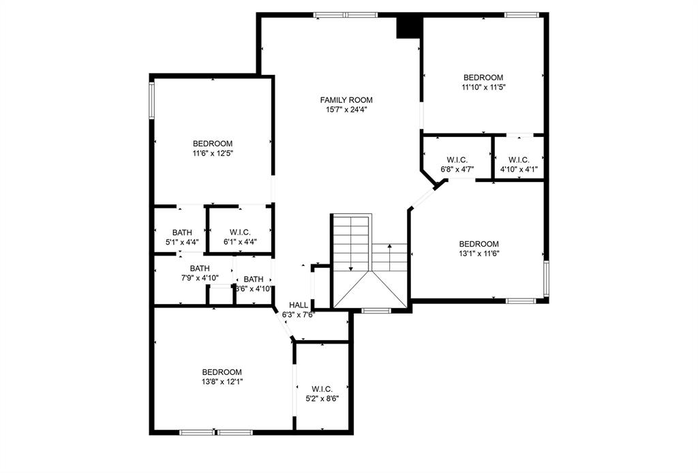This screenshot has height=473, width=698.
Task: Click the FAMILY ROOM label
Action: (x=346, y=100)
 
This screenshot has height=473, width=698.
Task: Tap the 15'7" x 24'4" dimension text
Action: (x=346, y=110)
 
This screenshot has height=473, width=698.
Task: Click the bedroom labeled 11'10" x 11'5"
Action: (x=483, y=82)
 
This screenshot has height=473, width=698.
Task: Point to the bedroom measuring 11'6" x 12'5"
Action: (x=212, y=149)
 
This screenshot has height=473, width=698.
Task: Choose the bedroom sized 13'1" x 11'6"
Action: (x=479, y=249)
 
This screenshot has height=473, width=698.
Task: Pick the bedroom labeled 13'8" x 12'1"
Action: (x=222, y=377)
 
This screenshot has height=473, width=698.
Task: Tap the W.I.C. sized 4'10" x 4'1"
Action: (x=518, y=164)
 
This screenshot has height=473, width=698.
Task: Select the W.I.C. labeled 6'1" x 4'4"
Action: (x=240, y=236)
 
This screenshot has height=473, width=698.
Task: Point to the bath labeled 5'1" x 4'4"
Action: (x=182, y=236)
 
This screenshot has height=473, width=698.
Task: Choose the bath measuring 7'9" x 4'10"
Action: (x=199, y=273)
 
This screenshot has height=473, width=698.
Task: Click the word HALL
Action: (x=299, y=305)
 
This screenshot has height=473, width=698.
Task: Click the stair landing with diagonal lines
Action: (x=370, y=290)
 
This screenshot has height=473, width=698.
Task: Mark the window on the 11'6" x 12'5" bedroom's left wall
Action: (x=152, y=101)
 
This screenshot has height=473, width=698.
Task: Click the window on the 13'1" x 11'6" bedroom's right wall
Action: (x=546, y=278)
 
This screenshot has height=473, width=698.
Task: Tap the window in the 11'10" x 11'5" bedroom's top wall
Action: (x=521, y=14)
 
